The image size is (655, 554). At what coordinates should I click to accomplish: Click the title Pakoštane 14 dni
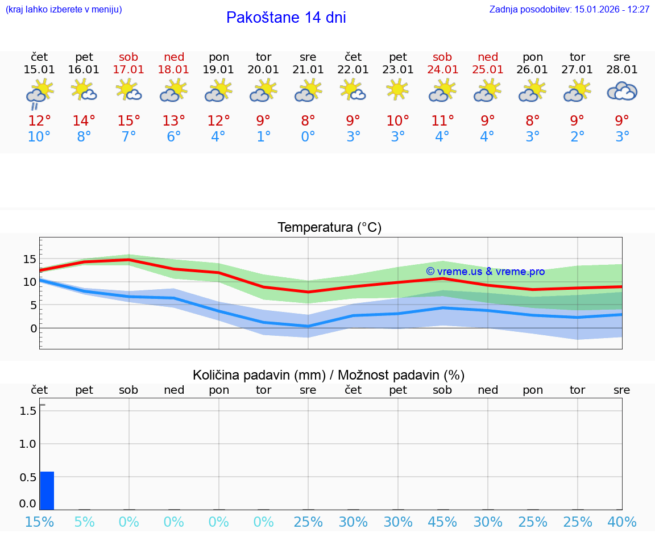286,18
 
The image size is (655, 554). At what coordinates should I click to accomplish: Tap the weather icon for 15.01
39,92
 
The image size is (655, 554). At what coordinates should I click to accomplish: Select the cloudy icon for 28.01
621,91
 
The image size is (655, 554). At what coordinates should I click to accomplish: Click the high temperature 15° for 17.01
128,121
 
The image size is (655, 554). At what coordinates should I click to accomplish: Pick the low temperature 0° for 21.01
308,137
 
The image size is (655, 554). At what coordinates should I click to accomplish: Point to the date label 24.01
442,70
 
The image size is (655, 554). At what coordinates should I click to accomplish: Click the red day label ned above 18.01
174,57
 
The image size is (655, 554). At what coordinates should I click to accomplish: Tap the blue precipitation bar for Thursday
47,490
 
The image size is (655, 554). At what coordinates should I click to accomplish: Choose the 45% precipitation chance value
442,522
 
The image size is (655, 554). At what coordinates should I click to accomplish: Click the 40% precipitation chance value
621,522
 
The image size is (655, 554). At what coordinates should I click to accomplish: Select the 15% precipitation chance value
39,522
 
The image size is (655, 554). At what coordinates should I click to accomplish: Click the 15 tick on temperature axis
30,259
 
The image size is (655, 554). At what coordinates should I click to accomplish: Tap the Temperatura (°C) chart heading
329,228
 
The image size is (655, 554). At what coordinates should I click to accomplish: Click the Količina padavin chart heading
329,375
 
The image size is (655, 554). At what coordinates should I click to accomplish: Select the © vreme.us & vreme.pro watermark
485,272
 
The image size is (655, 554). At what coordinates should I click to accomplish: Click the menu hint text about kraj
64,10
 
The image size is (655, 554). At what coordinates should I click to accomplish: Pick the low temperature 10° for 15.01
39,137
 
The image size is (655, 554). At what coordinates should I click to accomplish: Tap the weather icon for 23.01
397,90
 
